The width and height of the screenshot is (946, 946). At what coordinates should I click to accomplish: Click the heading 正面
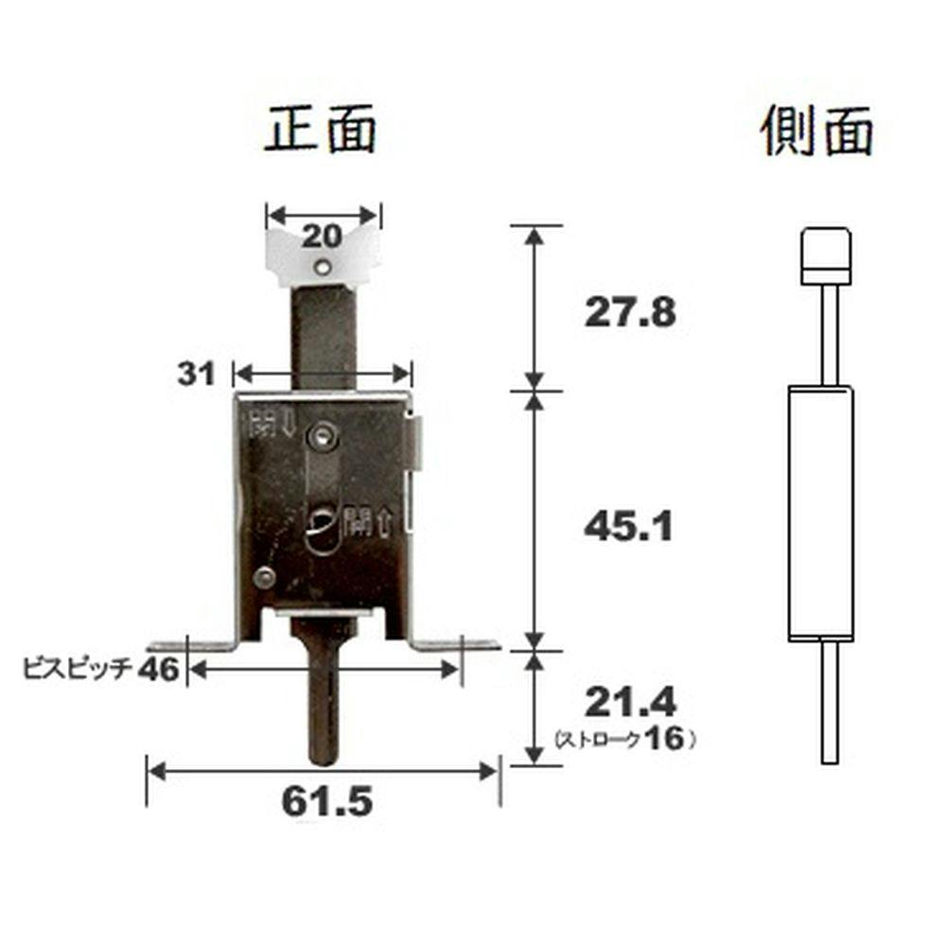(x=321, y=129)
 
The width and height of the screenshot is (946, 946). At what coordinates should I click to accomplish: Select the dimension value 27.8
(x=630, y=312)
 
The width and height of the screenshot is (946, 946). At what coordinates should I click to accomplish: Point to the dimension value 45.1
(x=628, y=527)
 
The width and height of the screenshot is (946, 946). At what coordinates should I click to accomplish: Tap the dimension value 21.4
(x=631, y=702)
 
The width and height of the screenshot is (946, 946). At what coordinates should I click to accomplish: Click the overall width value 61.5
(x=327, y=801)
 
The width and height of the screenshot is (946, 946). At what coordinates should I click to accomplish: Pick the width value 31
(x=196, y=374)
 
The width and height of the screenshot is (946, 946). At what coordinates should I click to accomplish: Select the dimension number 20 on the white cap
(x=323, y=236)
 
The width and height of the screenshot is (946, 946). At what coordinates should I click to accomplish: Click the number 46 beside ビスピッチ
(x=158, y=670)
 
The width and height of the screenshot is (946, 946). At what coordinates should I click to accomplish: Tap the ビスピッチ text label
(x=78, y=670)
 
